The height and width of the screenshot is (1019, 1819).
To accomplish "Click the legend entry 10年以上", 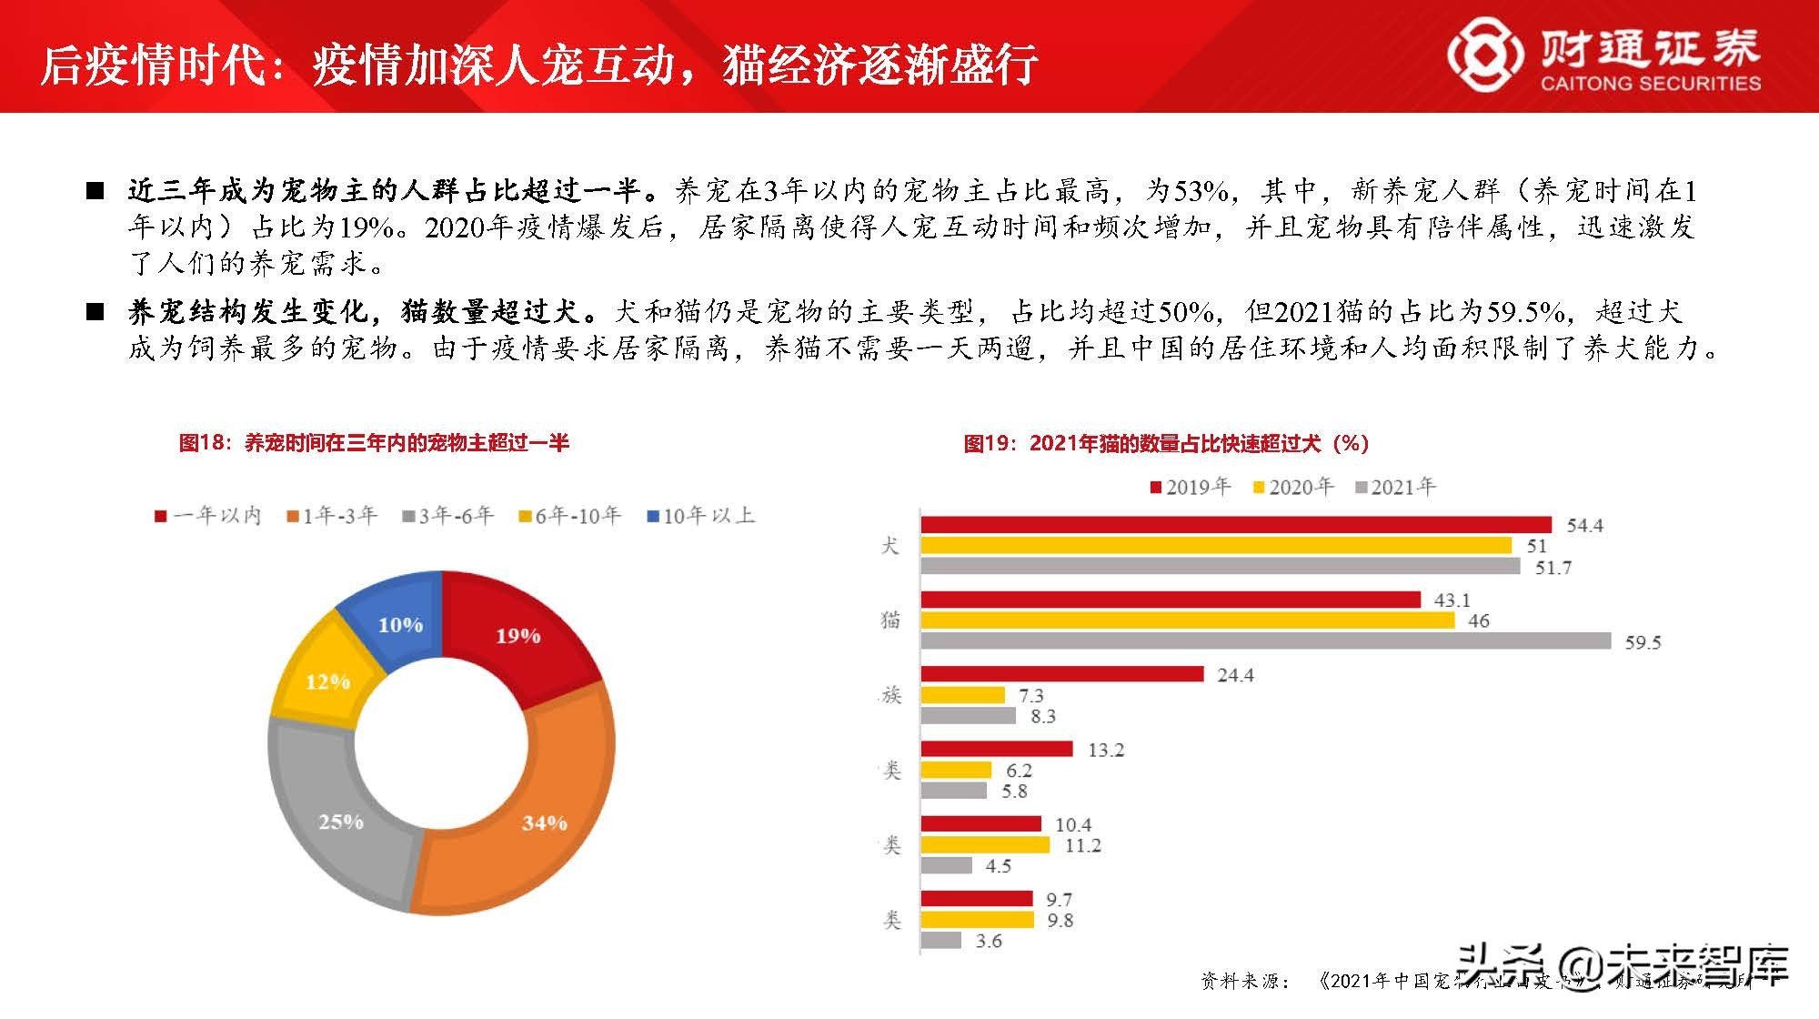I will pyautogui.click(x=700, y=516).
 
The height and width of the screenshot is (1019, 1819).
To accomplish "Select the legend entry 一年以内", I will pyautogui.click(x=208, y=516).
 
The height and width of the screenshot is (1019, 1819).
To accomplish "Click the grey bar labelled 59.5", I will pyautogui.click(x=1265, y=641).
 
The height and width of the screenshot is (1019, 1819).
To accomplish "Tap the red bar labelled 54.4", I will pyautogui.click(x=1235, y=524).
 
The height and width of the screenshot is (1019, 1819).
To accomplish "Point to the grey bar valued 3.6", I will pyautogui.click(x=940, y=940).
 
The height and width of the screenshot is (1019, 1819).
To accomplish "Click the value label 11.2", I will pyautogui.click(x=1082, y=845).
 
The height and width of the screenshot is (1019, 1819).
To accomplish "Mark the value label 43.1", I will pyautogui.click(x=1452, y=600).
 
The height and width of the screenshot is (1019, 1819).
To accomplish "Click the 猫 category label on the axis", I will pyautogui.click(x=890, y=620).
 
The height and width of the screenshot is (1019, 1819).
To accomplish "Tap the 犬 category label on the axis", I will pyautogui.click(x=890, y=545).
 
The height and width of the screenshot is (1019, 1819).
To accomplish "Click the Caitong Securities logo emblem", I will pyautogui.click(x=1484, y=56).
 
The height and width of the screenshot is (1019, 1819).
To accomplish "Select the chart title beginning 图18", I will pyautogui.click(x=374, y=443).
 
